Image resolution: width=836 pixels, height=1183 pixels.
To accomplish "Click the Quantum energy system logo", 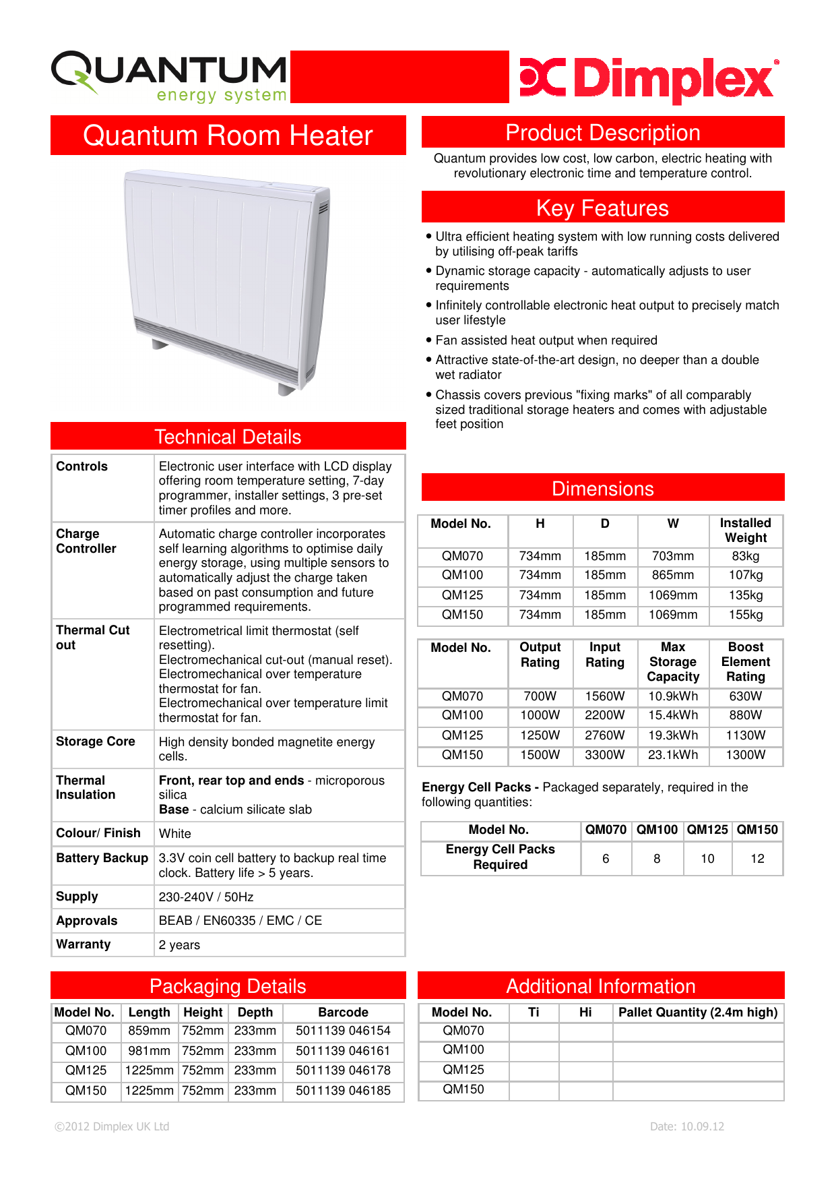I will [170, 76].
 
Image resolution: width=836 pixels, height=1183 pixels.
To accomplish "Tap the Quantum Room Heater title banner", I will [228, 135].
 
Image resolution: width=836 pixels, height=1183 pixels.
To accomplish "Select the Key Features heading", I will [602, 208].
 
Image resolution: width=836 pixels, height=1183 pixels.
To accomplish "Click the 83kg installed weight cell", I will [745, 556].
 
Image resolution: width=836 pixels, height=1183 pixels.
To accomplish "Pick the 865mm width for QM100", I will [672, 575].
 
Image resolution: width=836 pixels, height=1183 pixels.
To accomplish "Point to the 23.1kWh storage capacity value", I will [672, 755].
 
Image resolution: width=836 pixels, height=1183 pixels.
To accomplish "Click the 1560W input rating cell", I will [604, 696].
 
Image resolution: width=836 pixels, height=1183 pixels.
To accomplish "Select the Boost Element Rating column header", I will [745, 662].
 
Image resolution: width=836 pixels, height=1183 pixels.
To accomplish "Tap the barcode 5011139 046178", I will [343, 1070].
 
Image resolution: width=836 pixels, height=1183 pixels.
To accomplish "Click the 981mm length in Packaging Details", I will [149, 1051].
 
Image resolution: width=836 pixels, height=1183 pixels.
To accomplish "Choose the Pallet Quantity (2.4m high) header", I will [697, 1012].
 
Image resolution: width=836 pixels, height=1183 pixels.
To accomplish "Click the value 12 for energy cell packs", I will [757, 859].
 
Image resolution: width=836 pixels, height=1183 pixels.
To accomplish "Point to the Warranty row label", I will [84, 944].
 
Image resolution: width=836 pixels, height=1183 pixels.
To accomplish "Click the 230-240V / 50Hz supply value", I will [206, 897].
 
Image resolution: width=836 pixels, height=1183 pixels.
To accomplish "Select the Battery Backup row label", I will [102, 858].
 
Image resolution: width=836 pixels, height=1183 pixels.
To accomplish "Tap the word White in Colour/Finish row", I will [175, 834].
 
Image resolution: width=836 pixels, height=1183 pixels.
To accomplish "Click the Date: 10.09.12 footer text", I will [686, 1126].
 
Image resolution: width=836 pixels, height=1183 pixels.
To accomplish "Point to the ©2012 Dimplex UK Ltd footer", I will [112, 1126].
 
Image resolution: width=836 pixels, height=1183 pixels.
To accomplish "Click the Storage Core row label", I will [95, 741].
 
